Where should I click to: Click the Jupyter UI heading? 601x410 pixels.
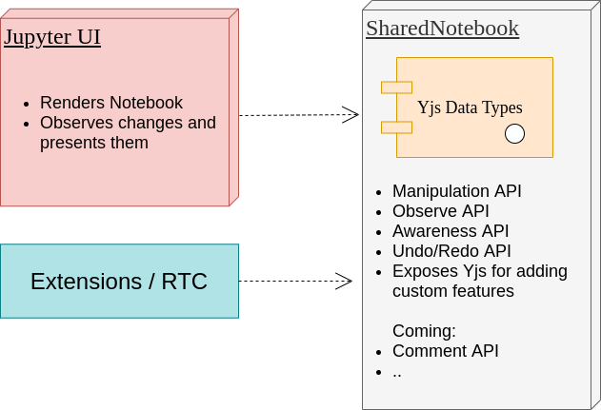(52, 37)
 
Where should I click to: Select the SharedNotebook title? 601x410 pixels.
(442, 29)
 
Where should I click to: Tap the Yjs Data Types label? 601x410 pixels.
(470, 107)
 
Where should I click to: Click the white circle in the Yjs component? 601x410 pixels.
(514, 133)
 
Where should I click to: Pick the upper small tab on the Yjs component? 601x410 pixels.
(397, 88)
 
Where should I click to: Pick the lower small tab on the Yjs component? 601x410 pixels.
(397, 127)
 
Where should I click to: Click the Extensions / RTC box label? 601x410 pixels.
(119, 282)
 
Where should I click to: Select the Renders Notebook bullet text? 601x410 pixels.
(111, 103)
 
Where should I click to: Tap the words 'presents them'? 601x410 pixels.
(94, 143)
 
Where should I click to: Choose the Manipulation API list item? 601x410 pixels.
(456, 191)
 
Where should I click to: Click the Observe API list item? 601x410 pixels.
(440, 211)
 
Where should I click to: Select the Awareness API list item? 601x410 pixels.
(451, 231)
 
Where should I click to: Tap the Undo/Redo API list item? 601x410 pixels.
(451, 251)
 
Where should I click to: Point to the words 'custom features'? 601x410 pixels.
(453, 291)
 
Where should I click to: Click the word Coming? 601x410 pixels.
(424, 331)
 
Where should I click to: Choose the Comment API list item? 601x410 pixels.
(446, 351)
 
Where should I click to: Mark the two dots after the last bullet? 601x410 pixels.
(397, 376)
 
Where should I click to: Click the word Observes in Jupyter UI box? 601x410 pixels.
(72, 123)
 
